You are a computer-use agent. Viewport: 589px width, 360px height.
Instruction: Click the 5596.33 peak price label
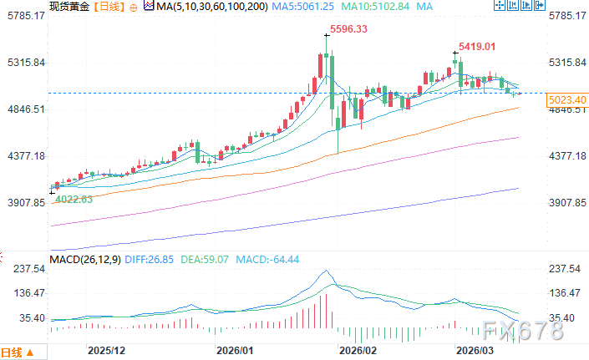click(349, 29)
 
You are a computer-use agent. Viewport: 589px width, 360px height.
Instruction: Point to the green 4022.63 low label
click(74, 200)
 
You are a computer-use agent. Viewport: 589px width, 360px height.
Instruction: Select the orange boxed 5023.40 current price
click(566, 100)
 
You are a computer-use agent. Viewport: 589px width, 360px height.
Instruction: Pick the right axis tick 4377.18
click(566, 156)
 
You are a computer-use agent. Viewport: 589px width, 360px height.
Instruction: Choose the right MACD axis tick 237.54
click(566, 269)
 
